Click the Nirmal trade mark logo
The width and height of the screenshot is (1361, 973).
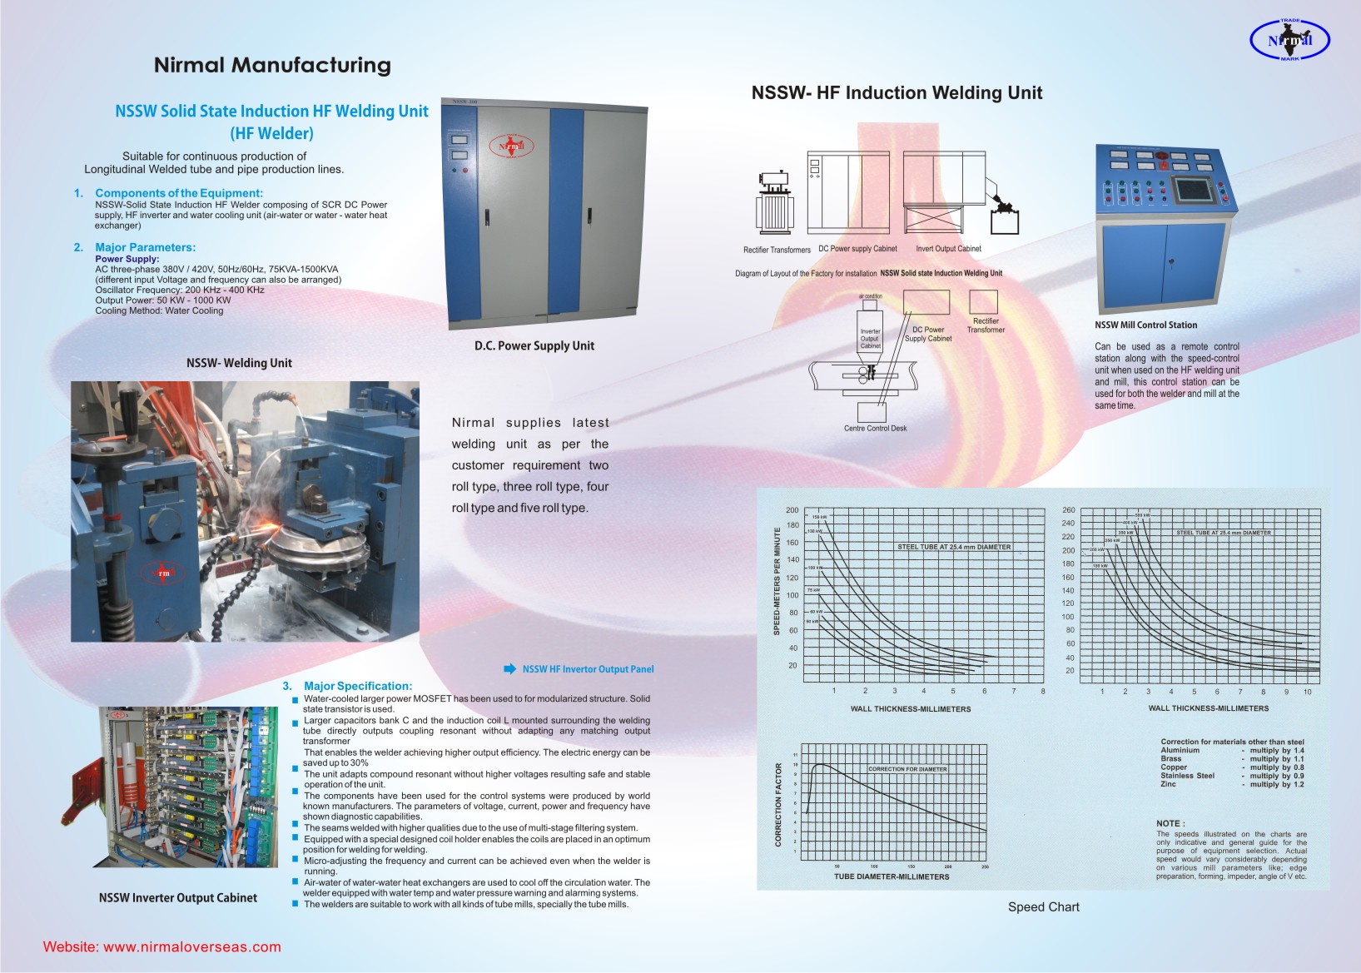[x=1289, y=40]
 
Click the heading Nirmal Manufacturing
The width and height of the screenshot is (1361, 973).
[x=272, y=65]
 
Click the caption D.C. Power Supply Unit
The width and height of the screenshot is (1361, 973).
[x=534, y=345]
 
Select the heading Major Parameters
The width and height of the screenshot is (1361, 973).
[x=145, y=247]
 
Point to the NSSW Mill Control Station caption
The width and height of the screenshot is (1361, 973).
[x=1145, y=325]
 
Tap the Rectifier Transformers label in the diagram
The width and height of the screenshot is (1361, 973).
[x=777, y=250]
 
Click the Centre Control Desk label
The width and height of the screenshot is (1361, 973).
[x=875, y=429]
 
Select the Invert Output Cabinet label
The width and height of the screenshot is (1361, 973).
[x=948, y=249]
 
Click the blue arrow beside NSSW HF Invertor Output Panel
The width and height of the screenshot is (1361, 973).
[x=510, y=668]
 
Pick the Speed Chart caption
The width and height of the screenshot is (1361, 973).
[x=1043, y=907]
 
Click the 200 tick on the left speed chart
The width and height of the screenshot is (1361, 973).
[x=792, y=510]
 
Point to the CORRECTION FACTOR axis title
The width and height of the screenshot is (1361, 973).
[x=779, y=804]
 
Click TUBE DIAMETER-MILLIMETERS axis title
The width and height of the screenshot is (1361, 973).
[x=892, y=876]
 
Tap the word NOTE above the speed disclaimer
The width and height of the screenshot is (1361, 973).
[x=1170, y=823]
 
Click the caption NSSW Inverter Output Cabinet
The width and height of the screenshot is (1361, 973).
[x=178, y=897]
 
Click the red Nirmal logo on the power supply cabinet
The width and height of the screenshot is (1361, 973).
[x=510, y=146]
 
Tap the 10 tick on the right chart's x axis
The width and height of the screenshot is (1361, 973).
[x=1308, y=692]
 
